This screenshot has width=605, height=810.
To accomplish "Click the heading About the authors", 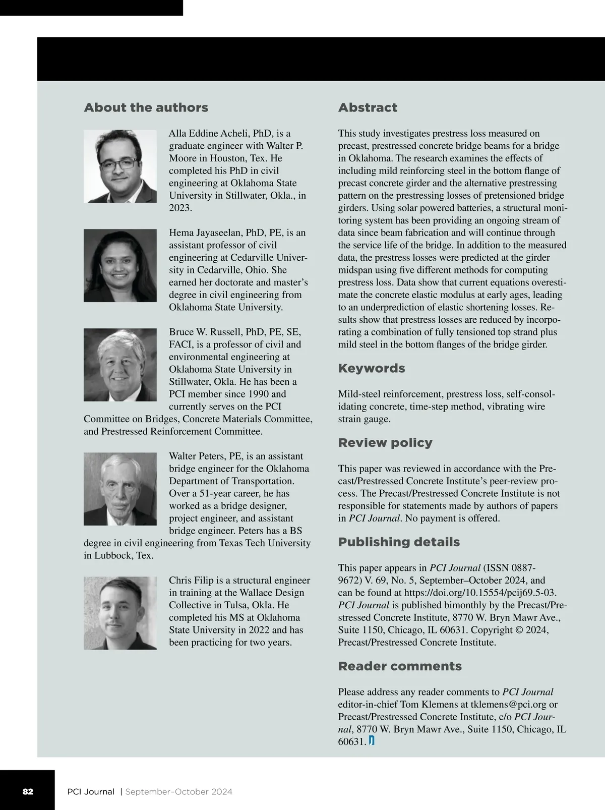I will pos(146,107).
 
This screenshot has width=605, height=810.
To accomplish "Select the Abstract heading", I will pos(368,107).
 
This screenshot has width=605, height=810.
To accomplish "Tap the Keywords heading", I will pos(372,368).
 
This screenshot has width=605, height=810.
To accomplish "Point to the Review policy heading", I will pos(385,442).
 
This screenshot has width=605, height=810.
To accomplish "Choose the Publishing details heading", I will pos(399,542).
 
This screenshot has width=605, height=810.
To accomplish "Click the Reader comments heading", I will pos(400,666).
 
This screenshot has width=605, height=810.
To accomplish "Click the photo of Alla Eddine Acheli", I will pos(120,166).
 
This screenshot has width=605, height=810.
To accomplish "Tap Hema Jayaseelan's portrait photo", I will pos(120,265).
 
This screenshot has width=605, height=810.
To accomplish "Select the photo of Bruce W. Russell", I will pos(120,365).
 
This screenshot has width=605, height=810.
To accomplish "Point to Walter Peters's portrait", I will pos(120,489).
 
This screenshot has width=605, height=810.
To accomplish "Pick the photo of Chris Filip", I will pos(120,613).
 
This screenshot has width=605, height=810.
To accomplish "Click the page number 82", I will pos(28,791).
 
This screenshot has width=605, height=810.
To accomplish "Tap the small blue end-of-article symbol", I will pos(372,741).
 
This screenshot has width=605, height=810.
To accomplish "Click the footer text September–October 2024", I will pos(178,791).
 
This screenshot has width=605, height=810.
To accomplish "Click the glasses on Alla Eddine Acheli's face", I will pos(117,163).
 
